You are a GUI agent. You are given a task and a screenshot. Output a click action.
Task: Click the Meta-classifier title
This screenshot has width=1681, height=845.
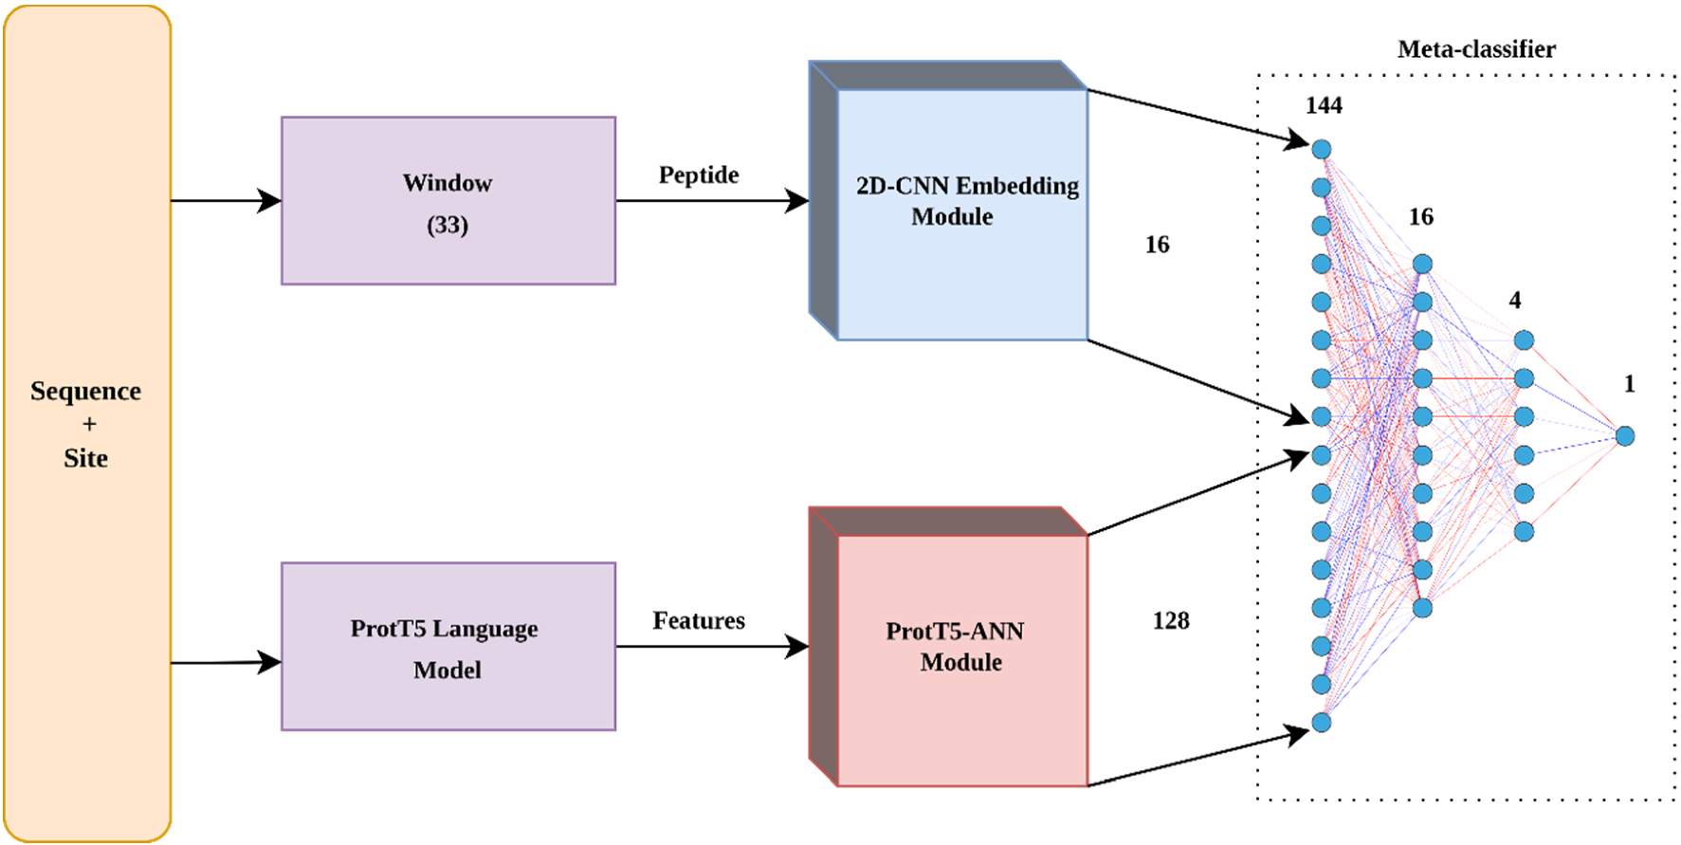[1476, 49]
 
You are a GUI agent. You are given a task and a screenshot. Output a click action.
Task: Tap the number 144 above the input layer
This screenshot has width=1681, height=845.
[1324, 105]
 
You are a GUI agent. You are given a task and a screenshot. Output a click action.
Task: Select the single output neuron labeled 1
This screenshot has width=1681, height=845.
[1625, 436]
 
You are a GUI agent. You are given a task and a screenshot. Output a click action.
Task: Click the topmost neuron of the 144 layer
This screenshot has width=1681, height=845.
[1322, 149]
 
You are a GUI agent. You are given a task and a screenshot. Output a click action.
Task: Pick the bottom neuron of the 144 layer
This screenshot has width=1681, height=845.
[1322, 723]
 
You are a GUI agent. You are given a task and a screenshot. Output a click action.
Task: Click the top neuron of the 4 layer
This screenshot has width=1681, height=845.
[1524, 340]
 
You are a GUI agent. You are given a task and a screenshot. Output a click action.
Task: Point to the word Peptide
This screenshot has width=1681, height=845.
[699, 175]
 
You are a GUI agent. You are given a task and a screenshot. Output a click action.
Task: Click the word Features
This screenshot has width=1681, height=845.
[699, 621]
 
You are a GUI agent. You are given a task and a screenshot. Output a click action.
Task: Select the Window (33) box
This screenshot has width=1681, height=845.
[448, 201]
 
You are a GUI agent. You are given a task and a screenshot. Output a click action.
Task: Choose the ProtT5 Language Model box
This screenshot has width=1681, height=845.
[448, 647]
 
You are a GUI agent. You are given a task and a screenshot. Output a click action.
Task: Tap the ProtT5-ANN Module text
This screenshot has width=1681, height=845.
[956, 647]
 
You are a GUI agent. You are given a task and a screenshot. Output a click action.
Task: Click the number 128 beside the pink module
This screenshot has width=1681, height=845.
[1170, 621]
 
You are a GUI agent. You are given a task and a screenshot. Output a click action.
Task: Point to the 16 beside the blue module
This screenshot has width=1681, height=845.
[1157, 245]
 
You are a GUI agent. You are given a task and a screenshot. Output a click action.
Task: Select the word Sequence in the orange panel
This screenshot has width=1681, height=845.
[85, 392]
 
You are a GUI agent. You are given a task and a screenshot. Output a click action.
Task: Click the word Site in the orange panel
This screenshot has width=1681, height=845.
[85, 459]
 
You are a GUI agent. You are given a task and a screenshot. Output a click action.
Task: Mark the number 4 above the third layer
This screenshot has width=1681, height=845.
[1515, 301]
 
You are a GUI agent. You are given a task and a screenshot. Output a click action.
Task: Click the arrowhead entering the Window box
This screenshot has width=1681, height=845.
[270, 201]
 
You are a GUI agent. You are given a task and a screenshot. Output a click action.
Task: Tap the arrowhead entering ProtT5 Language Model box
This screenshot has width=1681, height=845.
[270, 662]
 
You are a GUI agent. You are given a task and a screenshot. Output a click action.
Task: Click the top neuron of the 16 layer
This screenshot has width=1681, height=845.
[1422, 264]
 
